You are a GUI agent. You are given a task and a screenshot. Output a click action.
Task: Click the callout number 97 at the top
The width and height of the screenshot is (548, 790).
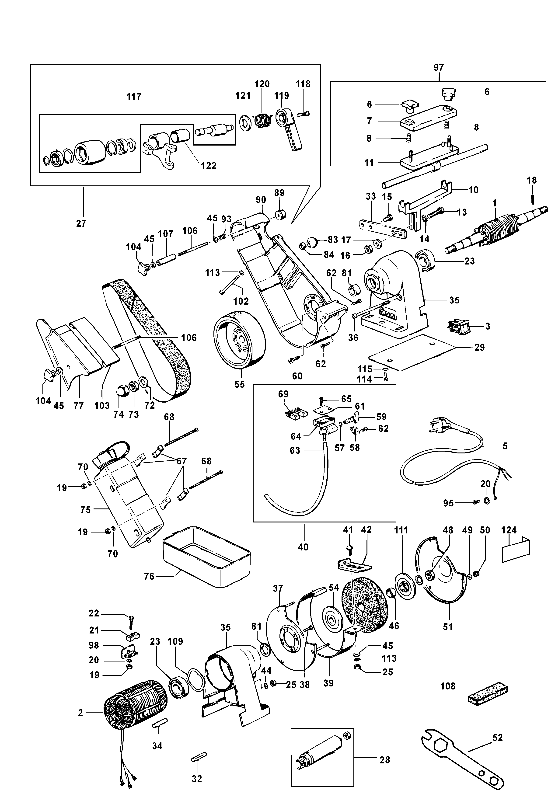point(438,68)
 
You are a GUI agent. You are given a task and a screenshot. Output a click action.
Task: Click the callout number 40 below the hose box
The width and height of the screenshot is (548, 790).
point(303,547)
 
